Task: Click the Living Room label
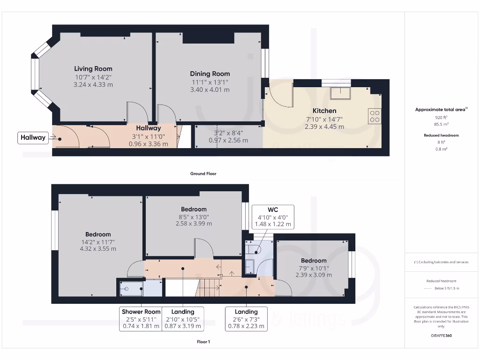coord(93,69)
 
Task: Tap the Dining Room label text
coord(210,74)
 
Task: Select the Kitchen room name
coord(324,111)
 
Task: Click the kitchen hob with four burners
coord(375,116)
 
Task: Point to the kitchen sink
coord(340,93)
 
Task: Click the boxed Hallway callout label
coord(33,138)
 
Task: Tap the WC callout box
coord(273,217)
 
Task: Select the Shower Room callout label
coord(141,319)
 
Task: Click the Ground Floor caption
coord(203,173)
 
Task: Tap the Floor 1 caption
coord(203,342)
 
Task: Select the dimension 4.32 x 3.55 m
coord(98,248)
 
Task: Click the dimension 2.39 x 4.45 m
coord(324,127)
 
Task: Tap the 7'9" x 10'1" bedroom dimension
coord(314,268)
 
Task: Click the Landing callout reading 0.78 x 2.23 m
coord(246,319)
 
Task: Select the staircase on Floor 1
coord(208,287)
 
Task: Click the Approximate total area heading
coord(440,109)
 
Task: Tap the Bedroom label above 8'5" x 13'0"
coord(194,209)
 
